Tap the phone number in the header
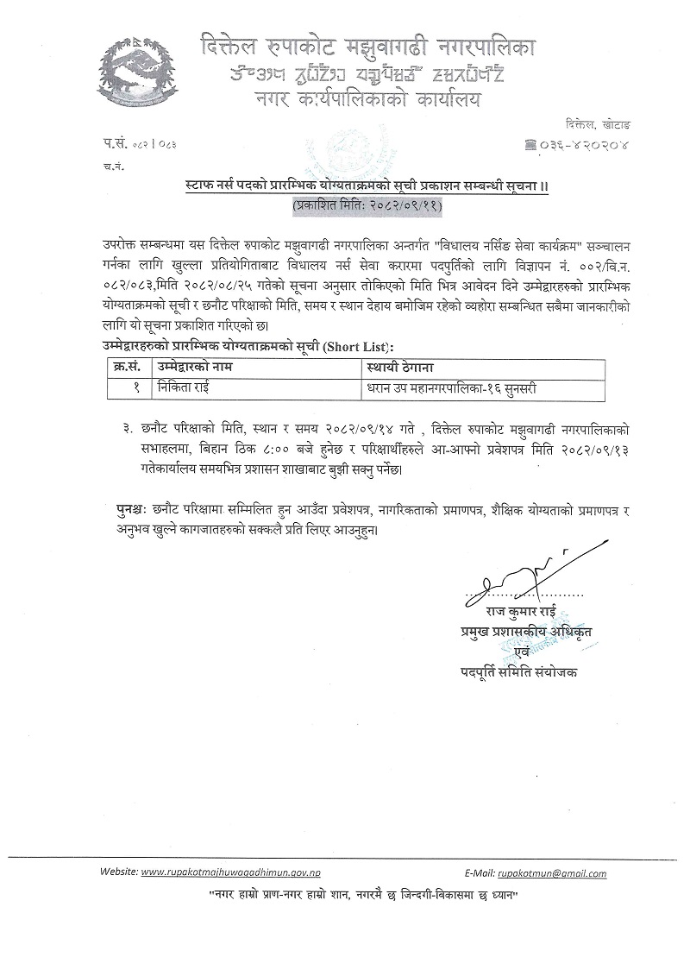click(586, 146)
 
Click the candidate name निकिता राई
click(185, 388)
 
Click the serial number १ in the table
click(137, 388)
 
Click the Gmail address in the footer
click(555, 872)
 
